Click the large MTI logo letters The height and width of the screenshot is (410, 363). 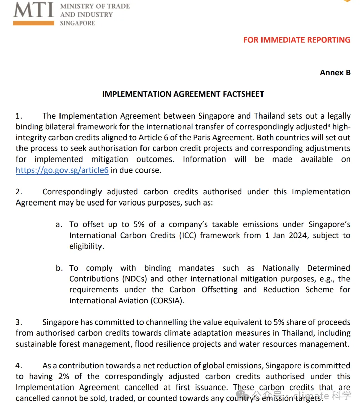coord(34,10)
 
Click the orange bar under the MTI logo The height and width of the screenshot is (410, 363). coord(34,23)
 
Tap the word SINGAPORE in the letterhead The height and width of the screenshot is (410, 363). coord(77,23)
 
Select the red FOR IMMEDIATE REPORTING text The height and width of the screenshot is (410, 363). coord(297,40)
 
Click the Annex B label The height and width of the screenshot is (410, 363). coord(335,73)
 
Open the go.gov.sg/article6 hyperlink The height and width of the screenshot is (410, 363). coord(62,170)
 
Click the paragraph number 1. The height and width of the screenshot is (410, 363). coord(19,116)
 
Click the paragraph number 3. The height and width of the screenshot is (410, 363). coord(19,322)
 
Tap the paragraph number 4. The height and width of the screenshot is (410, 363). coord(19,366)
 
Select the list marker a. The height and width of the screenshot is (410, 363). coord(59,225)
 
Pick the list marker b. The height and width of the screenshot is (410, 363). coord(59,268)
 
